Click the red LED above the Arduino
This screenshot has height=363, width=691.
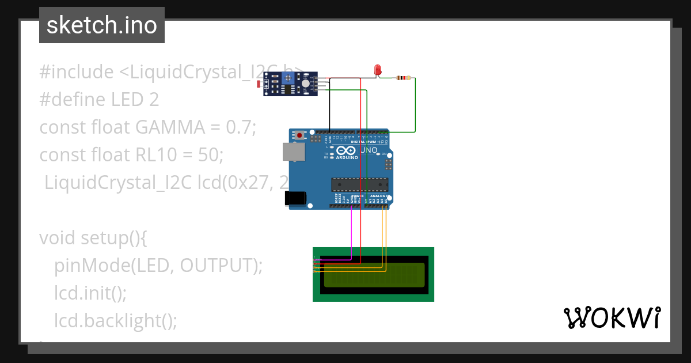click(x=378, y=70)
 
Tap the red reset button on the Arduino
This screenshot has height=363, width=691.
click(x=299, y=135)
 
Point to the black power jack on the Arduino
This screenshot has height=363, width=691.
click(x=296, y=198)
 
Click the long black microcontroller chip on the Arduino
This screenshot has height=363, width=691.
click(x=359, y=184)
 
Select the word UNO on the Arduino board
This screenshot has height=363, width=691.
click(x=369, y=150)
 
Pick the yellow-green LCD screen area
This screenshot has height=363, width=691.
click(x=374, y=275)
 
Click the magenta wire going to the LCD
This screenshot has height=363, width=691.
click(x=351, y=236)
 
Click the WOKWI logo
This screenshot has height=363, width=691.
click(x=612, y=318)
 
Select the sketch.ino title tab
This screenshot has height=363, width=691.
click(x=102, y=25)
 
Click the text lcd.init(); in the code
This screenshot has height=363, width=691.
click(x=90, y=293)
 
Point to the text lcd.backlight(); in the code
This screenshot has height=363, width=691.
click(x=116, y=320)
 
